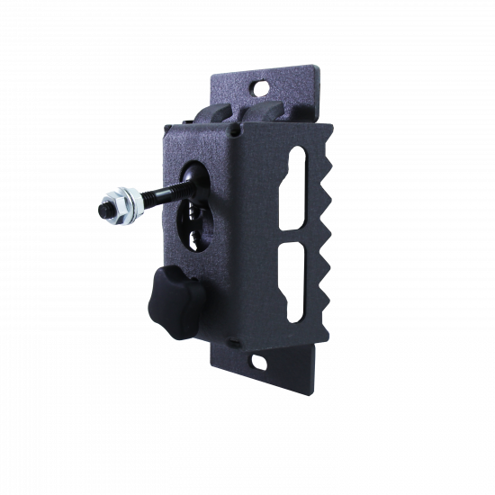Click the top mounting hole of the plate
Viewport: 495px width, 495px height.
pyautogui.click(x=264, y=88)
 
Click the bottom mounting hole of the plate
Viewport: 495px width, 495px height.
pyautogui.click(x=258, y=363)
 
